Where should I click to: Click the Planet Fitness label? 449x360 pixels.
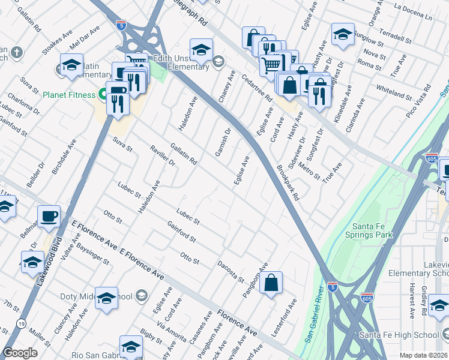[69, 95]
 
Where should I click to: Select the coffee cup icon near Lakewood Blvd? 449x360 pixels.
[49, 215]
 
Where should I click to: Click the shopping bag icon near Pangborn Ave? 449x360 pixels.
[271, 284]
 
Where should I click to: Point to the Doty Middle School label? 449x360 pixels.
[97, 296]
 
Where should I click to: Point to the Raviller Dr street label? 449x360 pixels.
[163, 154]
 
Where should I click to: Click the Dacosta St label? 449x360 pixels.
[231, 271]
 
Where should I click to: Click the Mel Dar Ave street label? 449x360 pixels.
[83, 38]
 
